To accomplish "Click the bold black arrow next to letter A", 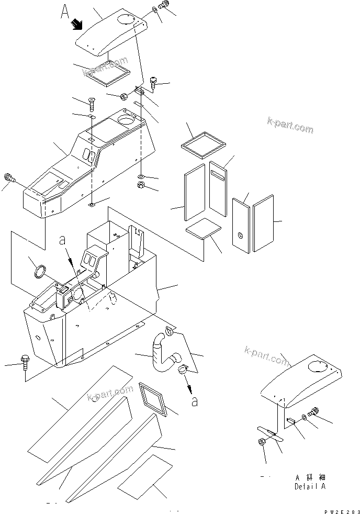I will [x=77, y=24].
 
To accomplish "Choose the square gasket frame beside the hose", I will [x=154, y=400].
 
